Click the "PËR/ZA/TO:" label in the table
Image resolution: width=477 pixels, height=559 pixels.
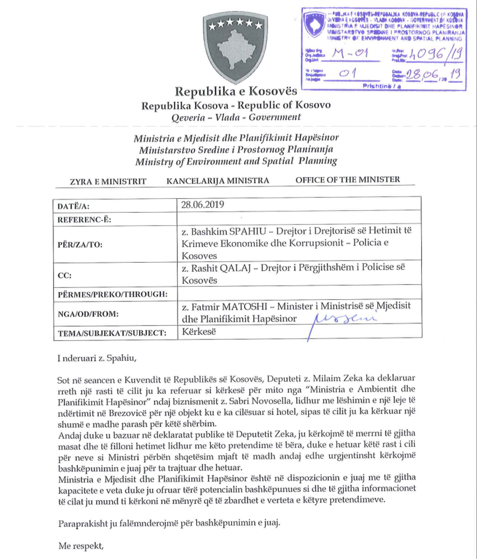(80, 244)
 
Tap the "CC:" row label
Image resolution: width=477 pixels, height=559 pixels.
(64, 275)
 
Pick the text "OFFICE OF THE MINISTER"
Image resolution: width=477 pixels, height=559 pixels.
(348, 179)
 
